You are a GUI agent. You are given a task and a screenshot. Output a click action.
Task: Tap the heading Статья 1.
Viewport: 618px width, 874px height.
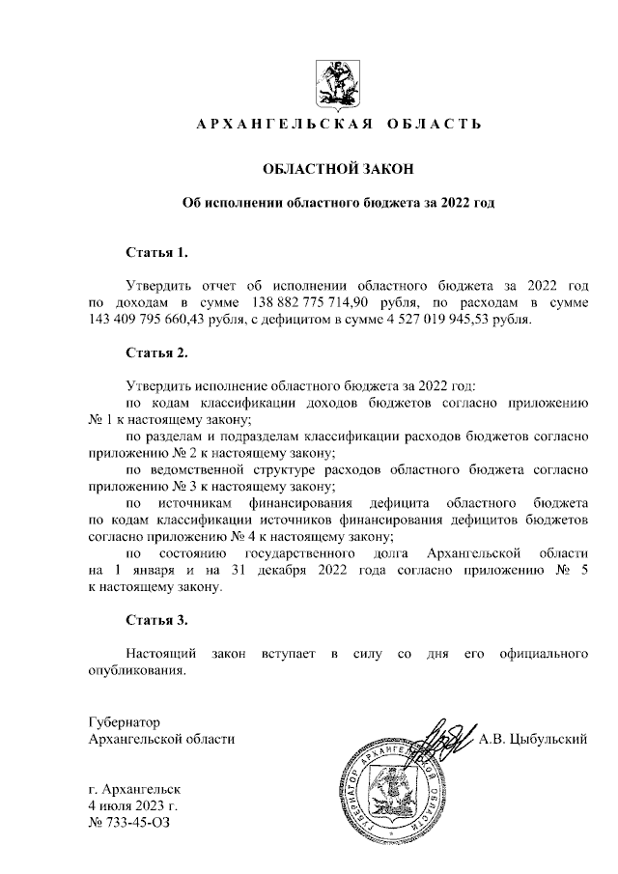[156, 253]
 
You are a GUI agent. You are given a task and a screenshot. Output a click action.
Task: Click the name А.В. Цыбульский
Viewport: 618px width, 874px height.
[533, 740]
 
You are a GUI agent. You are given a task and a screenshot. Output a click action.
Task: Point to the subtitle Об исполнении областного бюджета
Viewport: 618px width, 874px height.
[338, 204]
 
